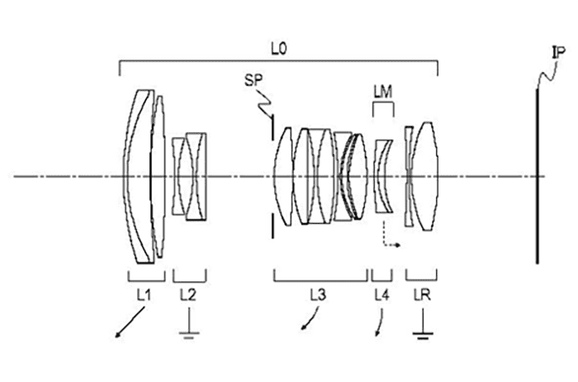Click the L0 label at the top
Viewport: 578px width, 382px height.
pos(279,50)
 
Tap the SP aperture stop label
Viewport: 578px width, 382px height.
pos(253,80)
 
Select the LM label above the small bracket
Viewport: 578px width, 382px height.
pos(383,92)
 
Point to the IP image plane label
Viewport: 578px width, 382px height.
pos(557,54)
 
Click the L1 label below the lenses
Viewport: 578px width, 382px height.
pos(144,295)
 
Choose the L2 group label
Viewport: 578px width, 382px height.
pos(188,295)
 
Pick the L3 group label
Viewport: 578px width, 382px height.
pos(318,295)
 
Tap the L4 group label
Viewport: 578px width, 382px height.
pos(381,295)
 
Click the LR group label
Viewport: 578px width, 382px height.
pos(423,295)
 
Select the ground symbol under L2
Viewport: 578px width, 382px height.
pos(189,330)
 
